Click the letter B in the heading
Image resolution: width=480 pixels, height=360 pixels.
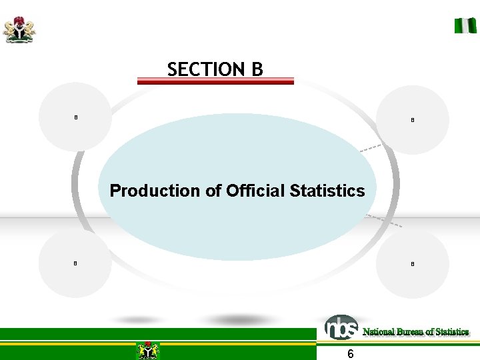click(257, 69)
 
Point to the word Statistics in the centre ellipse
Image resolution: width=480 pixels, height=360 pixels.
click(327, 191)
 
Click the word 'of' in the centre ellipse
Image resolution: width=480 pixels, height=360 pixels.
click(214, 191)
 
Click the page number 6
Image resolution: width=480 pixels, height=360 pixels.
click(351, 354)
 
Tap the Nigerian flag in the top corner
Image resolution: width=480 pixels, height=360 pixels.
click(465, 26)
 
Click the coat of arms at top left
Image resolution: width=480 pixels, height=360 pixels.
click(19, 30)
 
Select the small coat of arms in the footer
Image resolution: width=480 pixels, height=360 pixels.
click(147, 350)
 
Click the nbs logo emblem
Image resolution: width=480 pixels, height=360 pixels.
click(341, 327)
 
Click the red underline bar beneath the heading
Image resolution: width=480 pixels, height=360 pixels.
click(215, 81)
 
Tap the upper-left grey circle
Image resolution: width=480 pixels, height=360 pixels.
click(75, 117)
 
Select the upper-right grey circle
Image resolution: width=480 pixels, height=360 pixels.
click(413, 120)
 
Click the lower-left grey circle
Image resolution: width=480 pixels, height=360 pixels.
click(75, 263)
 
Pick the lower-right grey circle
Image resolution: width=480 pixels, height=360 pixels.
click(413, 264)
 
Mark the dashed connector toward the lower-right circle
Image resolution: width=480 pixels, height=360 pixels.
click(385, 221)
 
